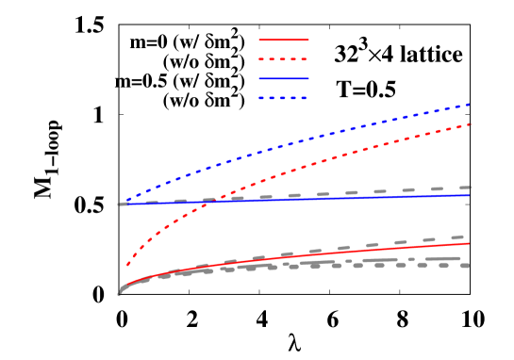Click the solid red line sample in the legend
tap(284, 40)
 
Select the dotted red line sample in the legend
tap(284, 59)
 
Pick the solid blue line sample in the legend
tap(284, 78)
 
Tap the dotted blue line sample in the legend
tap(284, 98)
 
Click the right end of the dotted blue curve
tap(470, 104)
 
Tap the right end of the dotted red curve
tap(470, 123)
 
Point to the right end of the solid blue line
tap(470, 195)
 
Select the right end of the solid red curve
tap(470, 243)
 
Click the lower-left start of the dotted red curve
tap(126, 267)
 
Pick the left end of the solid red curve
tap(120, 290)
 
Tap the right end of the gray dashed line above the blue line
tap(470, 187)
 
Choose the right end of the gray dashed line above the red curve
tap(462, 237)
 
